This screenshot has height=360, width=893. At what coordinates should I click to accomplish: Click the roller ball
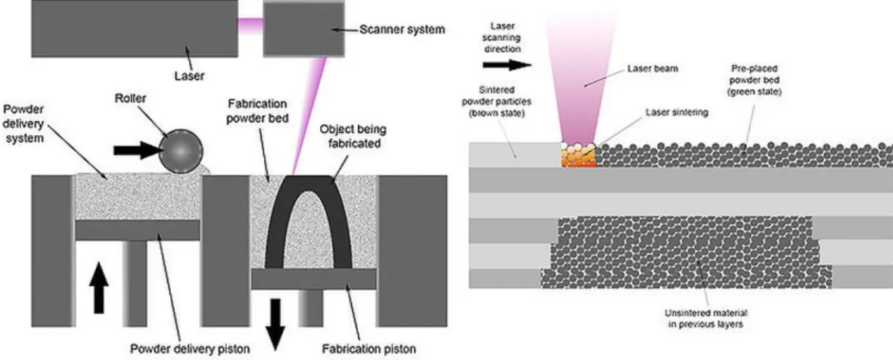[181, 151]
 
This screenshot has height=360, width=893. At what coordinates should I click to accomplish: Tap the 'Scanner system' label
[402, 29]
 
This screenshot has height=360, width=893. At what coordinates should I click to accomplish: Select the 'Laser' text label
[190, 76]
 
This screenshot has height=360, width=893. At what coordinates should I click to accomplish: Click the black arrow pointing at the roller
[138, 151]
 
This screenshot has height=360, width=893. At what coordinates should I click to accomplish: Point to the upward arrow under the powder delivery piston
[99, 287]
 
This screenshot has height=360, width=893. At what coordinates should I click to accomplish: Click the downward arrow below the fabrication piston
[275, 324]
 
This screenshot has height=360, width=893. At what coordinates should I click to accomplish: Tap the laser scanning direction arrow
[507, 65]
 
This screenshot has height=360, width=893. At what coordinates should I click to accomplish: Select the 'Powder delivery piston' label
[190, 349]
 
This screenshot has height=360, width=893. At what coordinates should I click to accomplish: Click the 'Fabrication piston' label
[369, 349]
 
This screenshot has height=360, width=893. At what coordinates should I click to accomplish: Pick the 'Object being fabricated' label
[354, 136]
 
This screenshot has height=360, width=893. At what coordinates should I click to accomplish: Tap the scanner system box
[304, 29]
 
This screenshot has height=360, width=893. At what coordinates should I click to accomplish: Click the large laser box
[135, 29]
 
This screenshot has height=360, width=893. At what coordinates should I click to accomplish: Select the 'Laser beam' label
[653, 68]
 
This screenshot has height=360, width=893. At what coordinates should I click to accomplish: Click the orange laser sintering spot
[578, 155]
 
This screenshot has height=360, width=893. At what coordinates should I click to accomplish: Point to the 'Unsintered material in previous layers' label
[706, 319]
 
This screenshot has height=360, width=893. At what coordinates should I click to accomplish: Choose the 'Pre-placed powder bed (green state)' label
[754, 80]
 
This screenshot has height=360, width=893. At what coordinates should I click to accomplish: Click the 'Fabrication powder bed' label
[257, 111]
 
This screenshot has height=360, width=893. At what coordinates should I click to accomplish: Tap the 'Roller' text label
[130, 98]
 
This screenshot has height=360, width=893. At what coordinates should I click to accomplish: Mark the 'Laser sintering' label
[677, 112]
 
